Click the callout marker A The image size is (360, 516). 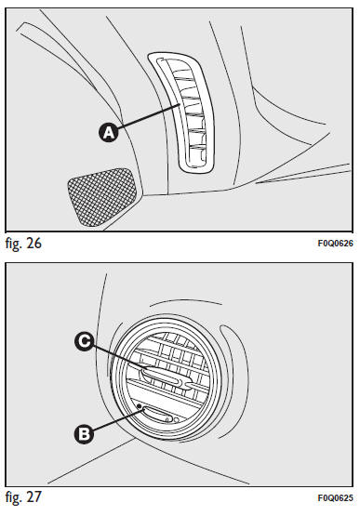[x=109, y=133]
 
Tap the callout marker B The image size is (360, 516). [x=85, y=434]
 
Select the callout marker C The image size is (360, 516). [x=85, y=341]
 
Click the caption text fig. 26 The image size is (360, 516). [x=23, y=244]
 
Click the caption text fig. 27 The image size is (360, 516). [x=23, y=496]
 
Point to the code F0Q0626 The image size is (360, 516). [x=335, y=244]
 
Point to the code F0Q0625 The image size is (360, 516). [x=335, y=498]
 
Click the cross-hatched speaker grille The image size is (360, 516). [x=101, y=197]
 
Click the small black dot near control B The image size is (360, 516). [x=140, y=406]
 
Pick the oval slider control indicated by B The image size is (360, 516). [x=157, y=414]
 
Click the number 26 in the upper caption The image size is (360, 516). [x=33, y=244]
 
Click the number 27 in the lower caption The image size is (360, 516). [x=33, y=496]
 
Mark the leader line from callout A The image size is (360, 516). [x=149, y=115]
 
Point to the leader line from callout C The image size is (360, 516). [x=118, y=356]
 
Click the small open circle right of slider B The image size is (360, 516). [x=176, y=420]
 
